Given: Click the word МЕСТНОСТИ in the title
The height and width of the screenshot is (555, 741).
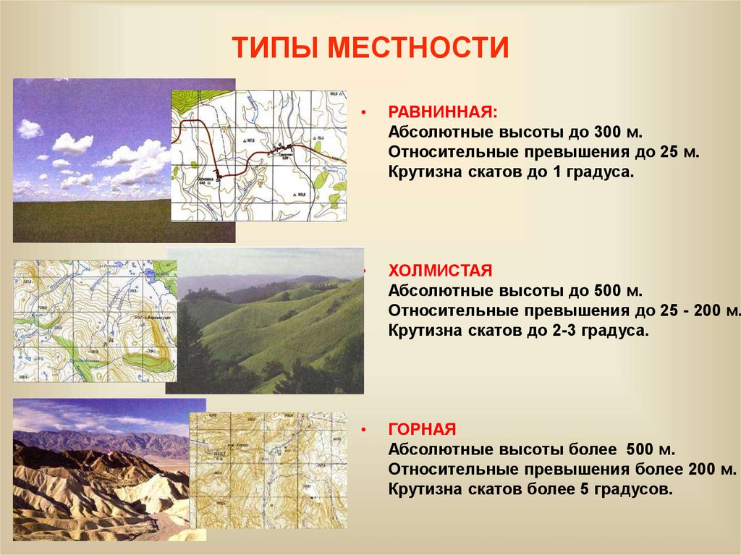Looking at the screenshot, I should (420, 48).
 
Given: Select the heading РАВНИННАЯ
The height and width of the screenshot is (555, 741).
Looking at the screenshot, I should (443, 113).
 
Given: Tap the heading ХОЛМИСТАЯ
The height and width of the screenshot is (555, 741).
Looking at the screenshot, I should (440, 271).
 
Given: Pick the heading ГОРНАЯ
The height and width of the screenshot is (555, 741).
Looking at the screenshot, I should (422, 429).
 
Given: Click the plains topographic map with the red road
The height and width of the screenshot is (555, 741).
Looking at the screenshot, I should (259, 155).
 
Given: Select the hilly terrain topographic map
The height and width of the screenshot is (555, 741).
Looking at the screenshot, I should (94, 320).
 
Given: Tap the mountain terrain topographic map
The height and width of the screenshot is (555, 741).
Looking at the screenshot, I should (268, 470).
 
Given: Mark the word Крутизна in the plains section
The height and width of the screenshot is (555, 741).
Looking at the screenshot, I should (423, 173).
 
